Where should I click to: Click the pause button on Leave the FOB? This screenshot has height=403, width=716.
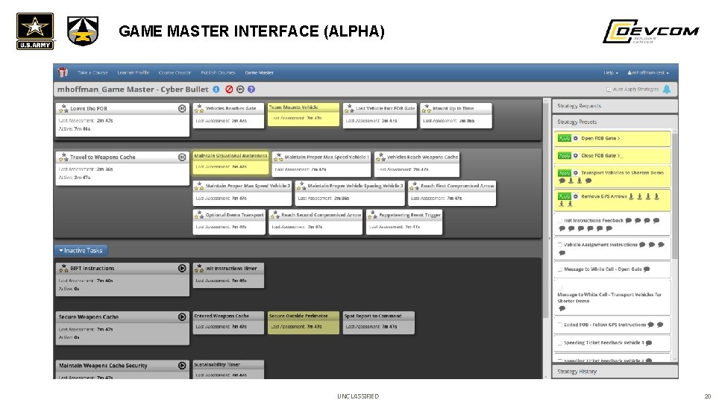pos(182,108)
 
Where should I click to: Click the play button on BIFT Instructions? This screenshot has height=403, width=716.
pos(182,268)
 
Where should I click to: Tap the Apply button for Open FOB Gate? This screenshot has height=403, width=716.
pos(565,139)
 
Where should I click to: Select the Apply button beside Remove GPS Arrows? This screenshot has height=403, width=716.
pos(565,196)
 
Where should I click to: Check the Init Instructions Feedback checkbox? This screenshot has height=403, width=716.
pos(559,221)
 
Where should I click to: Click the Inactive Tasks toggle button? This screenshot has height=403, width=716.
pos(81,251)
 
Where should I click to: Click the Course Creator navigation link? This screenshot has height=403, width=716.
pos(175,72)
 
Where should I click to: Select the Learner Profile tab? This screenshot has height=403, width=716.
pos(133,72)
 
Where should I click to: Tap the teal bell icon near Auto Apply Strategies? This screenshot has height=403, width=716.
pos(666,89)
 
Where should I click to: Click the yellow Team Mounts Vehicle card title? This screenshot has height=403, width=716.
pos(294,107)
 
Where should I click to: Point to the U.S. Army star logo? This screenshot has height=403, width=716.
pos(34,30)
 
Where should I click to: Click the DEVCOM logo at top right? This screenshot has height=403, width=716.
pos(650,31)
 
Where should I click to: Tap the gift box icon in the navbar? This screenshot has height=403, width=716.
pos(63,72)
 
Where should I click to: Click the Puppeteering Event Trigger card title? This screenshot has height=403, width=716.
pos(409,215)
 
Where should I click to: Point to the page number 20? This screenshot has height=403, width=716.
pos(706,396)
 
